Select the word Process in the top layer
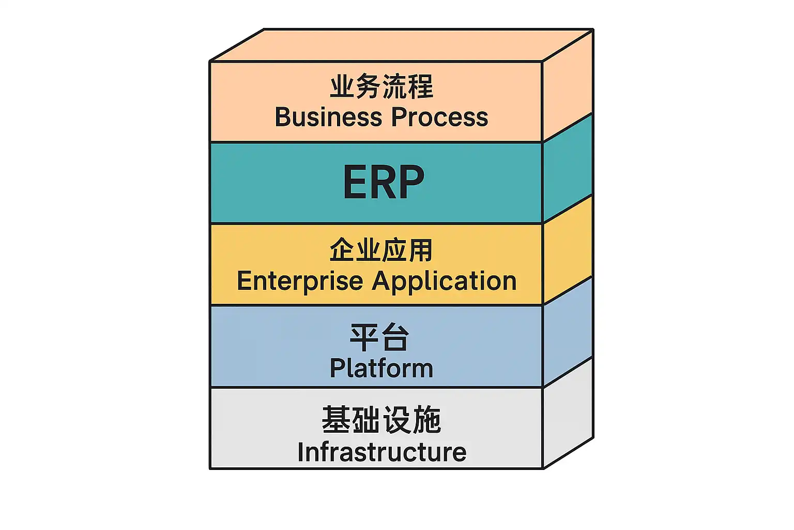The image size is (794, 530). tap(439, 117)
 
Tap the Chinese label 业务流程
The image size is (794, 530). tap(381, 87)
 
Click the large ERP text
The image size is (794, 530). tap(383, 182)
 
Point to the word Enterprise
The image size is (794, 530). tap(300, 282)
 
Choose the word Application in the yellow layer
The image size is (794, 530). tap(444, 282)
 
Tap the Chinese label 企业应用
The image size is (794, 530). tap(381, 251)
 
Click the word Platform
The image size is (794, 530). tap(381, 369)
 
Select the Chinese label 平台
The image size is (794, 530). tap(380, 337)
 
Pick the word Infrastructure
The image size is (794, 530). tap(381, 452)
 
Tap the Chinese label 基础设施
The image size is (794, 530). tap(381, 420)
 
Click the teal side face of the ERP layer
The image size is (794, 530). tap(568, 168)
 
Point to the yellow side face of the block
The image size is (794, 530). tap(568, 249)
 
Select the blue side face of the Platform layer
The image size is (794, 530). tap(568, 331)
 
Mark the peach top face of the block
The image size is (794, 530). tap(401, 45)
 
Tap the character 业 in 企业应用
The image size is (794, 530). tap(368, 251)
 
